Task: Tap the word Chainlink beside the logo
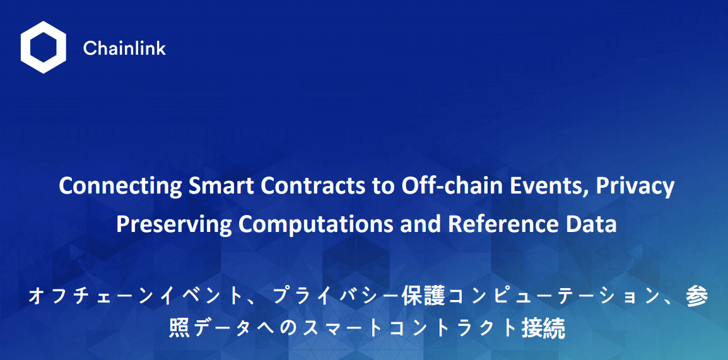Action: tap(124, 48)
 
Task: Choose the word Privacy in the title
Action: tap(635, 187)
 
